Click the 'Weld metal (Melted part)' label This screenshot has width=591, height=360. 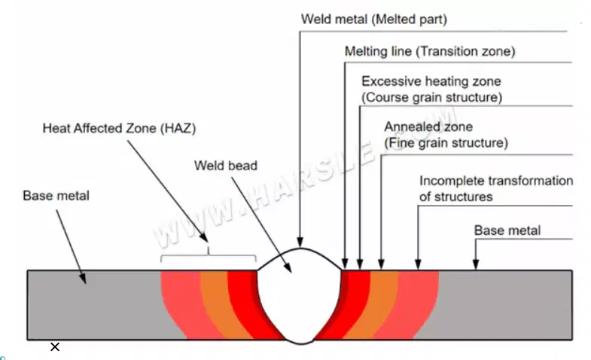click(374, 20)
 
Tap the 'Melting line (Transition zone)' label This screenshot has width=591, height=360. click(430, 51)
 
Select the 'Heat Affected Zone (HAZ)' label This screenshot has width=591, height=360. click(119, 128)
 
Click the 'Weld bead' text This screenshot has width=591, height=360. click(226, 166)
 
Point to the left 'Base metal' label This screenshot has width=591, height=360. click(56, 196)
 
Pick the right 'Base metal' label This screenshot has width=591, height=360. click(507, 230)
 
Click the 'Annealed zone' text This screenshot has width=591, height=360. click(428, 127)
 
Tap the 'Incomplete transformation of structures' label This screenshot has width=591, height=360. click(496, 188)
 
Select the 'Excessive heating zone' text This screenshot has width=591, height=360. click(431, 81)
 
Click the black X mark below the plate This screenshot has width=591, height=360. click(55, 346)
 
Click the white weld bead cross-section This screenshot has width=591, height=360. click(300, 297)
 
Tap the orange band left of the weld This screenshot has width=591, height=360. click(221, 304)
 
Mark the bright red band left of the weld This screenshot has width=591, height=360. click(248, 304)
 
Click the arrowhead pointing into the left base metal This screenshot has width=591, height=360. click(83, 278)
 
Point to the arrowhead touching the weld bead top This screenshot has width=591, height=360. click(300, 242)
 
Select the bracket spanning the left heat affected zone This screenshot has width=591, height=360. click(209, 255)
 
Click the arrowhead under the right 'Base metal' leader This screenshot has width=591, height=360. click(476, 264)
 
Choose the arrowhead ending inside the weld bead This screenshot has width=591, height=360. click(288, 267)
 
